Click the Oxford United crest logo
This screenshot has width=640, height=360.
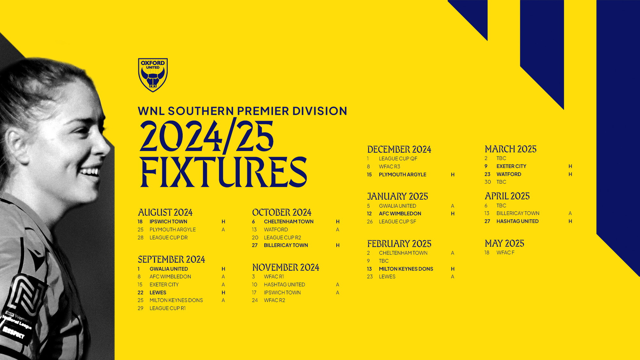[x=153, y=75]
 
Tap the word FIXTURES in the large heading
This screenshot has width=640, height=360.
[x=223, y=172]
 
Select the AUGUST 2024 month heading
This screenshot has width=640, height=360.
[x=165, y=212]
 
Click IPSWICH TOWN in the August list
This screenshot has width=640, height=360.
[x=168, y=222]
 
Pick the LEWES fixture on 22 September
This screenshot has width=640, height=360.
[x=158, y=292]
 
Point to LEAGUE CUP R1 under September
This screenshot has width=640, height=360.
[x=167, y=308]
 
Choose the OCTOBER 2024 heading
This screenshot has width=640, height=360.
[x=282, y=212]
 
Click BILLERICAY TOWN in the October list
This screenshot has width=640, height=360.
[x=286, y=245]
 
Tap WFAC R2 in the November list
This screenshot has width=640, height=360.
[x=274, y=300]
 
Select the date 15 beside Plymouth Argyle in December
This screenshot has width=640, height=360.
[x=369, y=175]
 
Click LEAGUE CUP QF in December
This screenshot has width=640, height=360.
[x=398, y=159]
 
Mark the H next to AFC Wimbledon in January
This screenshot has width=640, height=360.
[x=452, y=214]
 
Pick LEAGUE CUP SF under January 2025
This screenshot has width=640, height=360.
[x=397, y=221]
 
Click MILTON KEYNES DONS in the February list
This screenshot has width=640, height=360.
[x=406, y=269]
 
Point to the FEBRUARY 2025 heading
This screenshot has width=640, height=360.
[x=399, y=244]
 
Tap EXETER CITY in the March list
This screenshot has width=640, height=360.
[x=511, y=166]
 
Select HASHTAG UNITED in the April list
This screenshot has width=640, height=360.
[x=517, y=221]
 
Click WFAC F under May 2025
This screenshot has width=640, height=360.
[x=505, y=253]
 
